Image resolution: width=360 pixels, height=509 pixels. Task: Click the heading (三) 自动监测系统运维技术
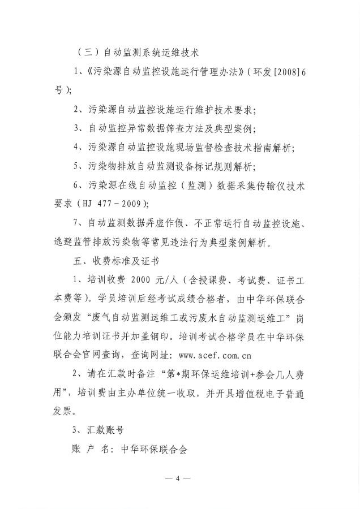[138, 53]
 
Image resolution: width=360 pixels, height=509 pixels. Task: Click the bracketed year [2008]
[276, 72]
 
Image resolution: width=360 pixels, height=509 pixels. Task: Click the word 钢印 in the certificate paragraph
[200, 337]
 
